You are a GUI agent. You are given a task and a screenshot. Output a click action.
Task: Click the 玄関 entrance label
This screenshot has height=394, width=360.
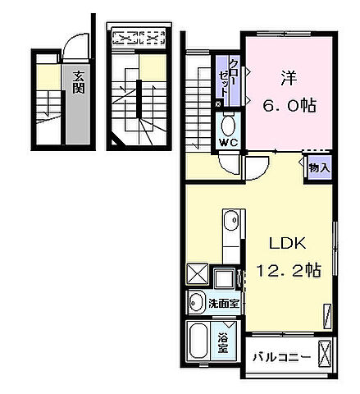coord(79,83)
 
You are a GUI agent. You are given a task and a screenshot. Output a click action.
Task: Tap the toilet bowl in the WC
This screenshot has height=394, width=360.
coord(228,126)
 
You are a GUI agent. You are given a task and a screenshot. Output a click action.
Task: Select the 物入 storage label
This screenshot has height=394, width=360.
coord(319,167)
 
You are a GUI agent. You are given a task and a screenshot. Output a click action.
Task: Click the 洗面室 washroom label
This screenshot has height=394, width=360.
coord(223,304)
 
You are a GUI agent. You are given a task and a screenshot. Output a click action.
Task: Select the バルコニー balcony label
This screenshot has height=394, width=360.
coord(280,357)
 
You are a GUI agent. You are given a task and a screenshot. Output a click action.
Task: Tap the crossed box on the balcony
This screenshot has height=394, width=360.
coord(327,355)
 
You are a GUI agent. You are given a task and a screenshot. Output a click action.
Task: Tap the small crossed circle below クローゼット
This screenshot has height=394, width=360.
coord(217,104)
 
